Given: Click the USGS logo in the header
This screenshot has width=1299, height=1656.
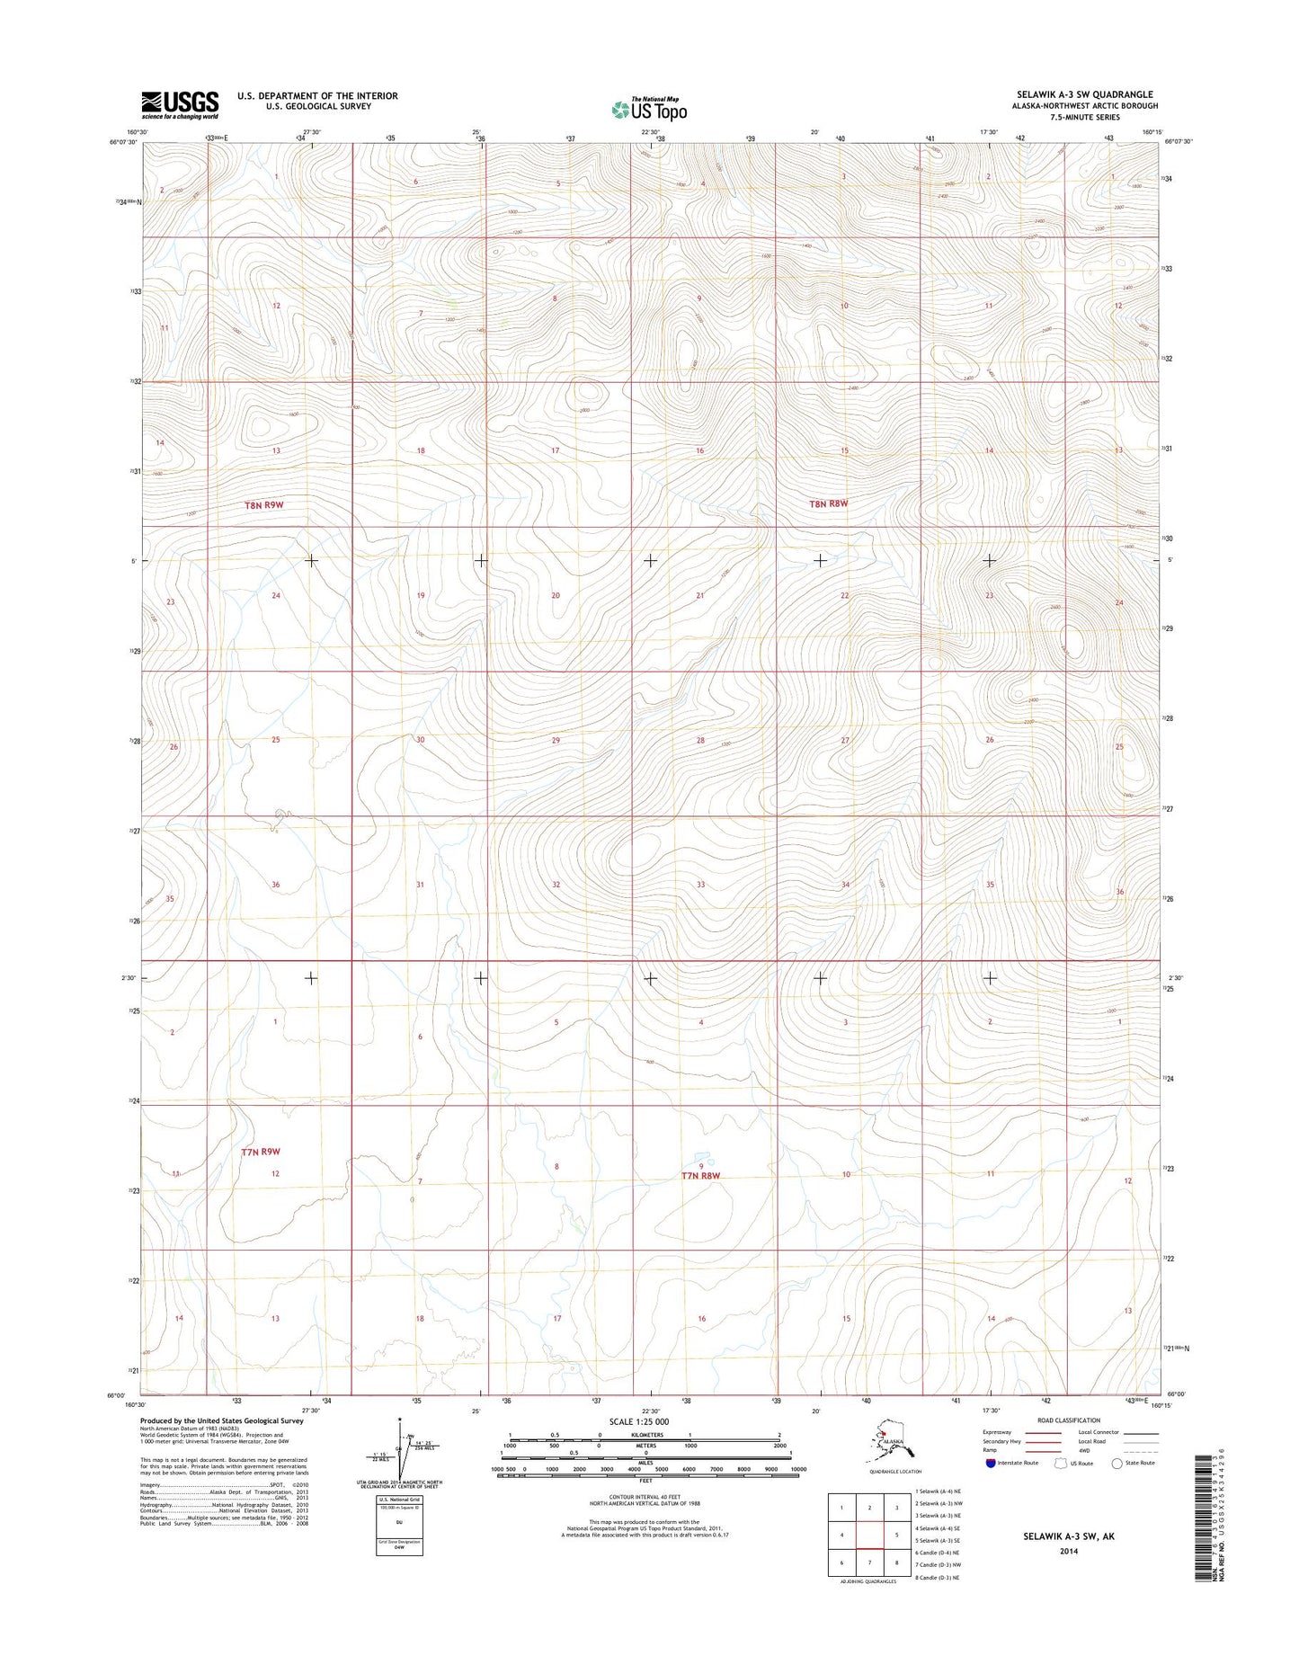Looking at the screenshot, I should pyautogui.click(x=180, y=104).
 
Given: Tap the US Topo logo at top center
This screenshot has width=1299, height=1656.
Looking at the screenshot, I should pyautogui.click(x=649, y=109).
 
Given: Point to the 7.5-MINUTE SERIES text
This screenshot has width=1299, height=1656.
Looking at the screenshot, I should pyautogui.click(x=1096, y=117).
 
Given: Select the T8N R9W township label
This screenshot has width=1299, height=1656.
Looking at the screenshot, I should pyautogui.click(x=263, y=505).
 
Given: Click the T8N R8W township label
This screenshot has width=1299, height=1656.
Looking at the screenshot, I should pyautogui.click(x=828, y=503).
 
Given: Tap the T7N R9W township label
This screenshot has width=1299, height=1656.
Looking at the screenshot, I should pyautogui.click(x=261, y=1151).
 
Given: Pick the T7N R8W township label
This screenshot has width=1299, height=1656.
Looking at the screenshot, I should pyautogui.click(x=701, y=1175).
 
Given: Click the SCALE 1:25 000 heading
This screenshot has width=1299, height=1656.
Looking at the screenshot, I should pyautogui.click(x=638, y=1421).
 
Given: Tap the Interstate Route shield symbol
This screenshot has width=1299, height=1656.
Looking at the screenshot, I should pyautogui.click(x=991, y=1463).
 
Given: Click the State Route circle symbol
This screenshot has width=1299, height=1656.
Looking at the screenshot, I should pyautogui.click(x=1117, y=1463).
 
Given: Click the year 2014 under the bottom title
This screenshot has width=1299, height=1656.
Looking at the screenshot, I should pyautogui.click(x=1068, y=1551).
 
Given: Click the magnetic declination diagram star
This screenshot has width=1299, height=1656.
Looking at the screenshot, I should pyautogui.click(x=399, y=1421).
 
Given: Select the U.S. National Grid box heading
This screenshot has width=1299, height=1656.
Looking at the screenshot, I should pyautogui.click(x=399, y=1500).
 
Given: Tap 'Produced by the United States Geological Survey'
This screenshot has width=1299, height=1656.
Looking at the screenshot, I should pyautogui.click(x=221, y=1420).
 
